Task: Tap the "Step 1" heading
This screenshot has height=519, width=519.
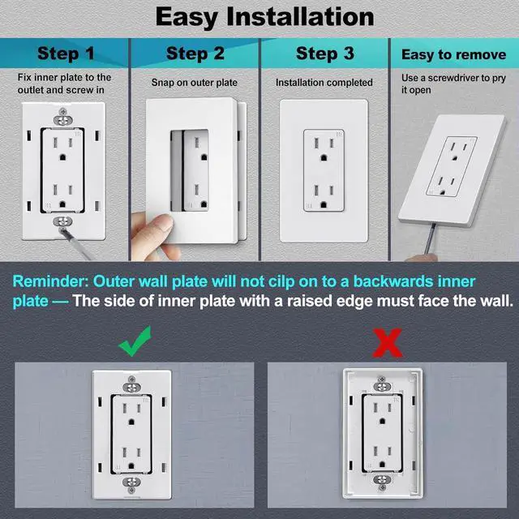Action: pyautogui.click(x=66, y=54)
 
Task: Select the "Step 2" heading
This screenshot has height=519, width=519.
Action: pyautogui.click(x=195, y=54)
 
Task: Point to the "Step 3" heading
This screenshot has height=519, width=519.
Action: pyautogui.click(x=324, y=54)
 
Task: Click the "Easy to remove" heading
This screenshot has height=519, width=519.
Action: pyautogui.click(x=454, y=55)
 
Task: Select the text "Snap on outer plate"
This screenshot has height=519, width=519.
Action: pyautogui.click(x=195, y=83)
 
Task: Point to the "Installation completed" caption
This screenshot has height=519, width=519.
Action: pyautogui.click(x=324, y=83)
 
